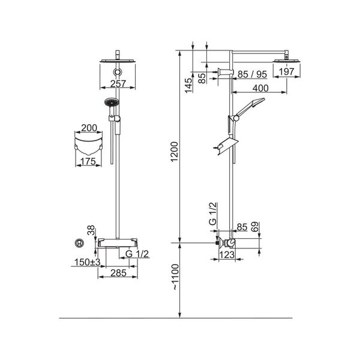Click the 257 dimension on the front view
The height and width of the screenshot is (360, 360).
[118, 84]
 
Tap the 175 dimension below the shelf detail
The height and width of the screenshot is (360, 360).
[89, 161]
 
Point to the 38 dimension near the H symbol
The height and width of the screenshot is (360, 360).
[91, 230]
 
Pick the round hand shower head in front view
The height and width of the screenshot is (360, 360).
[109, 104]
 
